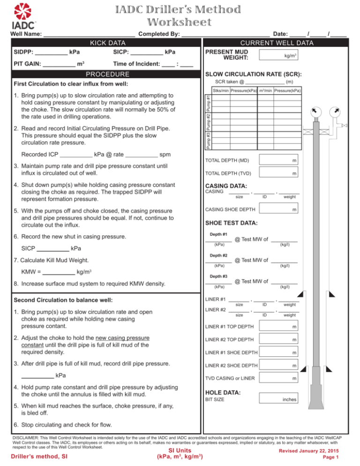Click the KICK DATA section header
point(102,43)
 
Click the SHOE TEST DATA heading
point(231,223)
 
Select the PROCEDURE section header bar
point(102,74)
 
